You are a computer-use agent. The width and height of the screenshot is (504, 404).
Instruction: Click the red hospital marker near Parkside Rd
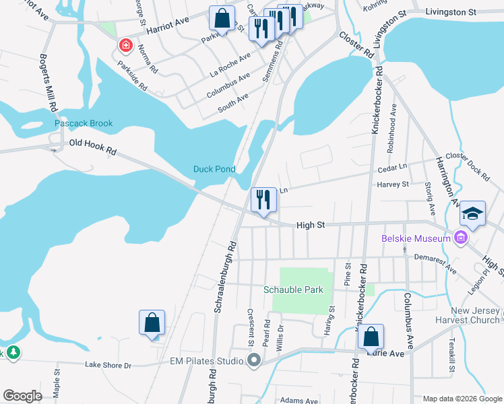(x=125, y=46)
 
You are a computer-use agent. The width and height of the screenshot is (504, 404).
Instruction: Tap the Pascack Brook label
(x=84, y=124)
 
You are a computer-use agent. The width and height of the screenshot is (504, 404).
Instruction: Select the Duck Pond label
(x=214, y=169)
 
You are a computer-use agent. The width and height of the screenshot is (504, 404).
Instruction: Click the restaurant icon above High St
(x=263, y=199)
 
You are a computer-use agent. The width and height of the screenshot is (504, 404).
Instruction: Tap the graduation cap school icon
(x=473, y=215)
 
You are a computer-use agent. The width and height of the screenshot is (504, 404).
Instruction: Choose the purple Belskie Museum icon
(x=461, y=238)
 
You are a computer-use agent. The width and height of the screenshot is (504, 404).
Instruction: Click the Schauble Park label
(x=293, y=290)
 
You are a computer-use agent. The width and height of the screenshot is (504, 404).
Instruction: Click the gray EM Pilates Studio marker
(x=254, y=361)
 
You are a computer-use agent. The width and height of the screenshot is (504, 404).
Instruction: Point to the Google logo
(x=22, y=396)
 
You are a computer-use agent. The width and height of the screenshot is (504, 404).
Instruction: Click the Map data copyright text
(x=462, y=399)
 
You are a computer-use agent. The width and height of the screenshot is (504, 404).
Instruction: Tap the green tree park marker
(x=13, y=352)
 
